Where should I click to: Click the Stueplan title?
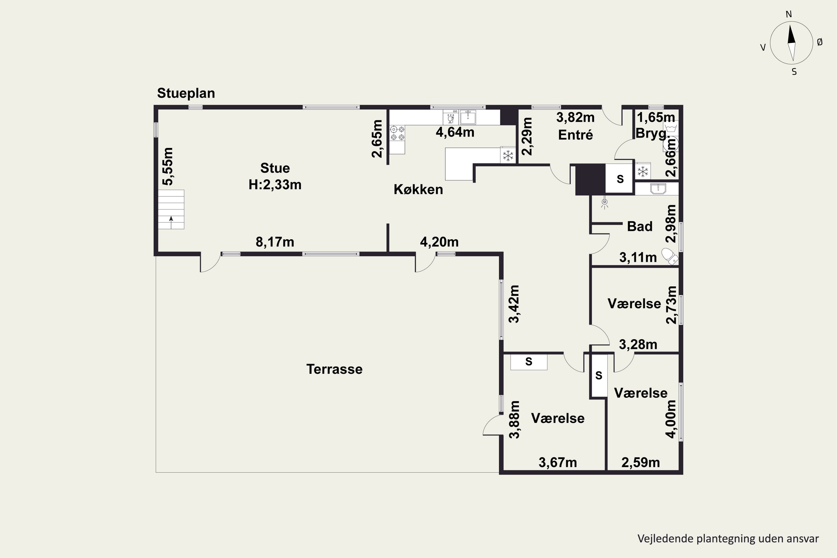(x=186, y=93)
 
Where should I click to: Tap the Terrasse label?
(x=335, y=369)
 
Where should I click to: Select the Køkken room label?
(x=418, y=189)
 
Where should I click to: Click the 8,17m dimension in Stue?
(x=275, y=242)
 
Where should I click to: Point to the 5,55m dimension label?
(x=168, y=166)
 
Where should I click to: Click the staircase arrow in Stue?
(x=171, y=222)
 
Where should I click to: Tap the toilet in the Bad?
(x=670, y=257)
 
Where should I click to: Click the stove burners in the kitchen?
(x=397, y=133)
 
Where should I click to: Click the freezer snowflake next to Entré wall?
(x=508, y=155)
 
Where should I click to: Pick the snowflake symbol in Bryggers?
(x=643, y=172)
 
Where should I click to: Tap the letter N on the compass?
(x=789, y=14)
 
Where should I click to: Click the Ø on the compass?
(x=820, y=42)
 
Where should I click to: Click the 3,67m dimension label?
(x=558, y=462)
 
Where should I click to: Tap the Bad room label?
(x=639, y=226)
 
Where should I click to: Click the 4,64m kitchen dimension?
(x=455, y=132)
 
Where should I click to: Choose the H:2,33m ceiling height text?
(x=275, y=185)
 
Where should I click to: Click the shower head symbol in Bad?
(x=604, y=203)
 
